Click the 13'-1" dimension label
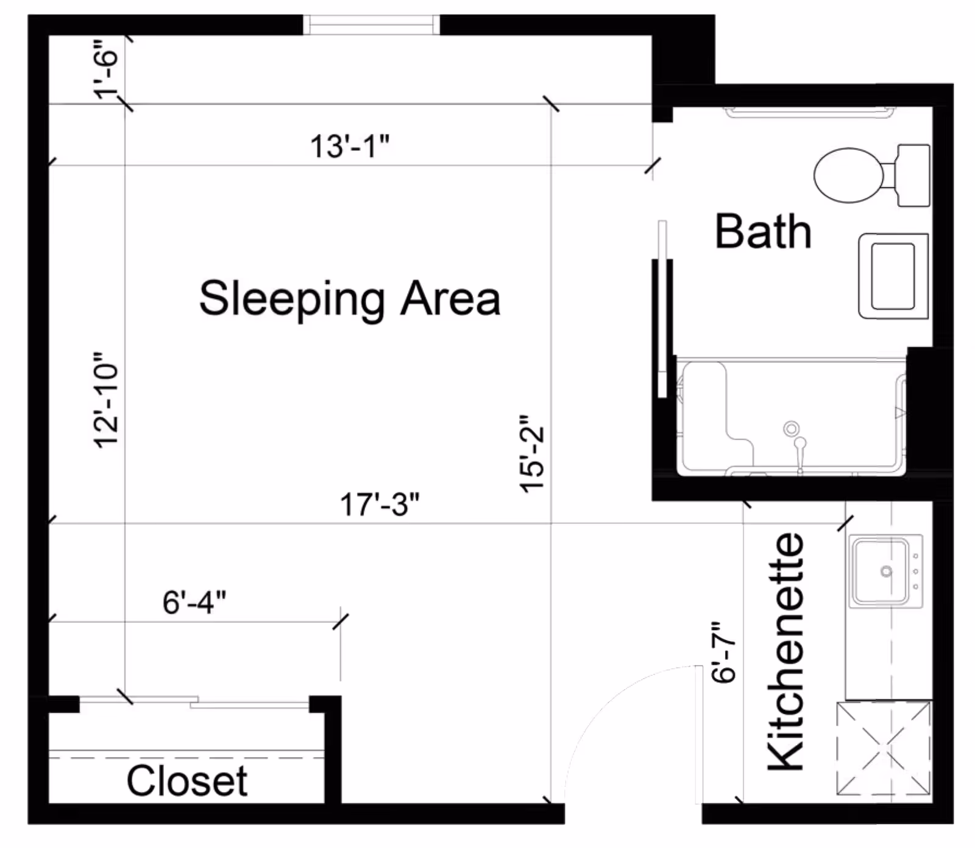[x=350, y=146]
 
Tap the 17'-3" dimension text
[x=380, y=505]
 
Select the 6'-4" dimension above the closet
[x=194, y=603]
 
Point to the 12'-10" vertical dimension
[x=106, y=400]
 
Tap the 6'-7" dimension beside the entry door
[x=724, y=652]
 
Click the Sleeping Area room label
[x=350, y=298]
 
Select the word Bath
[x=763, y=231]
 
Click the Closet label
[x=187, y=780]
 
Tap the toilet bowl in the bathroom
[x=848, y=175]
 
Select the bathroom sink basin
[x=893, y=276]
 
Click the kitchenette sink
[x=886, y=571]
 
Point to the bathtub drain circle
[x=791, y=429]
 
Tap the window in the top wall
[x=371, y=25]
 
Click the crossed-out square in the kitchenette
[x=884, y=748]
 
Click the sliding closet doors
[x=194, y=702]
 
